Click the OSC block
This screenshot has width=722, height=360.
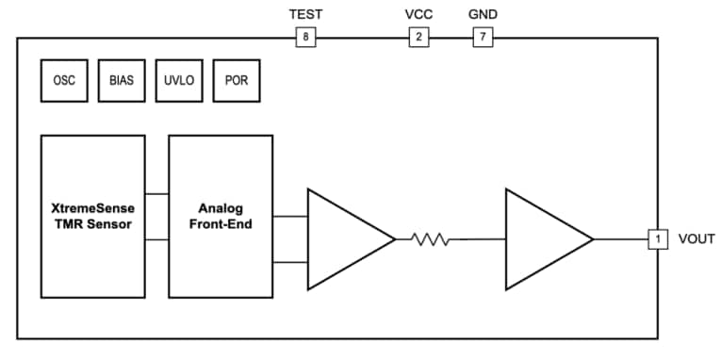[64, 81]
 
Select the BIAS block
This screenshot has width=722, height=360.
[122, 81]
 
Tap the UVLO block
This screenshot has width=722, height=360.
[179, 81]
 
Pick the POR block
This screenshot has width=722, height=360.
[236, 81]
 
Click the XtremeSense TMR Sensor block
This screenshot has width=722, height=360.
[93, 216]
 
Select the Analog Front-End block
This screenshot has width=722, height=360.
[221, 216]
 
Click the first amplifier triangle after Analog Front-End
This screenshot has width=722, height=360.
[345, 239]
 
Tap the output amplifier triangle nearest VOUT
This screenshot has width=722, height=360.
[543, 239]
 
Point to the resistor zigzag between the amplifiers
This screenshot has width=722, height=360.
[431, 239]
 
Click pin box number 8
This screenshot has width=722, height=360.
[304, 38]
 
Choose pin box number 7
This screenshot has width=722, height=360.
[482, 38]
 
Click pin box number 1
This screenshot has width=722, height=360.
[658, 239]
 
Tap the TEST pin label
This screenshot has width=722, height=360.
[304, 14]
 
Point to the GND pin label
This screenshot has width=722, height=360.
[483, 14]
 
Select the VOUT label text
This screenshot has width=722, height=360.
[697, 239]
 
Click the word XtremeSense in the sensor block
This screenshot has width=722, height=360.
[93, 207]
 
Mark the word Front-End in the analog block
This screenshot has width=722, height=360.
[222, 224]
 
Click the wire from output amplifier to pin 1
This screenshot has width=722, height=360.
[620, 239]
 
